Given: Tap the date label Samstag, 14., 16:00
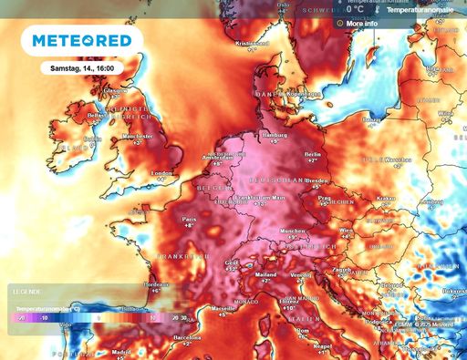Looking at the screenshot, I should pyautogui.click(x=88, y=67).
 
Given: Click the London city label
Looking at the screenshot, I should pyautogui.click(x=161, y=173).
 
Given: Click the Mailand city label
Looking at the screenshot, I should pyautogui.click(x=265, y=273).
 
